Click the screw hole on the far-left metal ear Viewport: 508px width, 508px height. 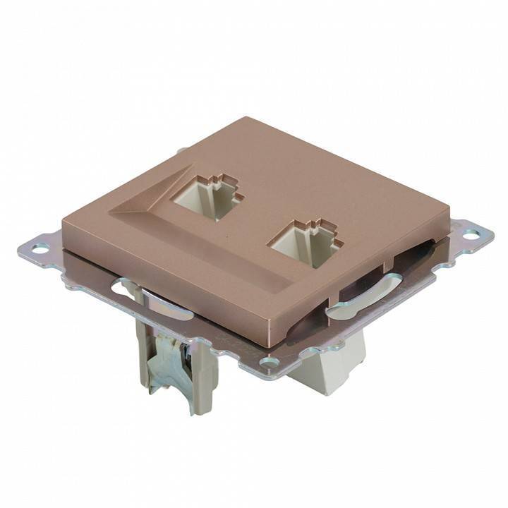(x=40, y=248)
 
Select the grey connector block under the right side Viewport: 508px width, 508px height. (x=332, y=367)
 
